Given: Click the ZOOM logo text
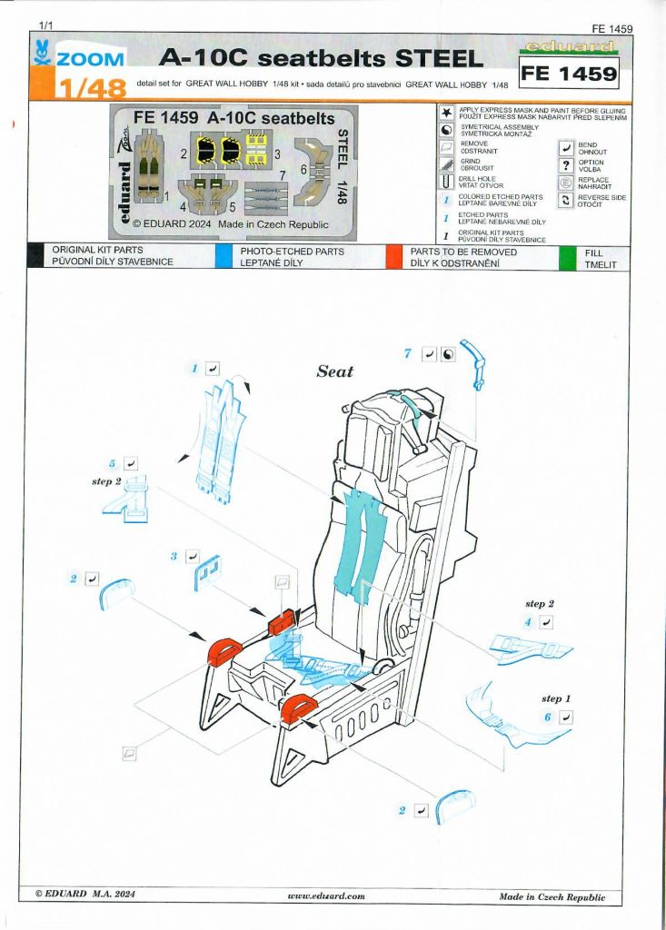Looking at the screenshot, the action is click(x=91, y=59).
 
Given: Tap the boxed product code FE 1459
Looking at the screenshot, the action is click(x=569, y=73).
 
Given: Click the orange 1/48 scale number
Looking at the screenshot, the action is click(x=92, y=88).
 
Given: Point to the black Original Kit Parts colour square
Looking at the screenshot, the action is click(x=35, y=256).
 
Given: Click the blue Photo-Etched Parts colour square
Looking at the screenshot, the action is click(x=224, y=256).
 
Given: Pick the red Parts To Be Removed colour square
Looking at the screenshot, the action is click(x=394, y=256).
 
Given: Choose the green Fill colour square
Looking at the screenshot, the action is click(x=567, y=257).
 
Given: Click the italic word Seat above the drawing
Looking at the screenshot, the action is click(x=334, y=371).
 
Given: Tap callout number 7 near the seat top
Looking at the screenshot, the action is click(x=408, y=353).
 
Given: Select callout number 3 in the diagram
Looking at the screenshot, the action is click(x=174, y=557).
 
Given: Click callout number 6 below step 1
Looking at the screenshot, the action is click(x=548, y=717).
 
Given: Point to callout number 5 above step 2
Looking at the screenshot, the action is click(x=112, y=463).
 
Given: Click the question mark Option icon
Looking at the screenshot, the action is click(x=566, y=165).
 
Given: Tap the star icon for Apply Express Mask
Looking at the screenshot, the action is click(x=446, y=112).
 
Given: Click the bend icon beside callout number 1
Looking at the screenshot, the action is click(x=212, y=369).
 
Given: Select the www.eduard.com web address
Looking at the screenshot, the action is click(x=326, y=896).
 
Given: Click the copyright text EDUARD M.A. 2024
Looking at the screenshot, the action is click(x=84, y=894).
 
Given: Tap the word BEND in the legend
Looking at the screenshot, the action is click(x=588, y=144).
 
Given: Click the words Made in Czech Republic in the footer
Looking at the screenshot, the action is click(x=552, y=897).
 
